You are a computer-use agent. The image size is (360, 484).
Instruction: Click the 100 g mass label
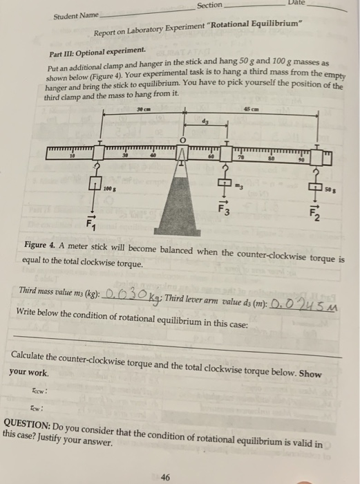(x=109, y=187)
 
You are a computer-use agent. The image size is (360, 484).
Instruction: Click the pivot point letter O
(x=184, y=142)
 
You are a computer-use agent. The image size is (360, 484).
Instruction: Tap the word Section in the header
(x=210, y=6)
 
